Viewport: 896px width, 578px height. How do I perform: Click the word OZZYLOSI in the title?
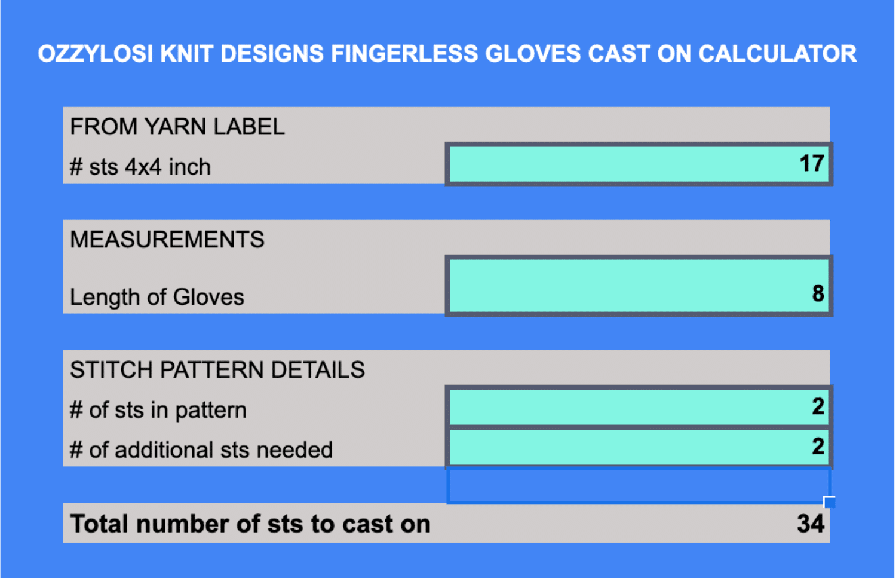tap(96, 54)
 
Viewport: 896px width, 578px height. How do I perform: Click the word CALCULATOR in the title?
tap(777, 54)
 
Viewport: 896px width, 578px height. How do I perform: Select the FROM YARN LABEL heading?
tap(177, 127)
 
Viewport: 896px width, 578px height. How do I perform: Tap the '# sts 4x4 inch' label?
tap(140, 167)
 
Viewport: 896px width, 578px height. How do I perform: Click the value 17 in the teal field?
tap(812, 163)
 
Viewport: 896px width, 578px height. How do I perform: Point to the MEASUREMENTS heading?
tap(167, 239)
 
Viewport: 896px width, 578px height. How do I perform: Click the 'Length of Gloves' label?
tap(157, 297)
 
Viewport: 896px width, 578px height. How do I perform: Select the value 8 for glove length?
tap(818, 293)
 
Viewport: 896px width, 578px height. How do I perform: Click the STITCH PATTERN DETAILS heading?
tap(217, 369)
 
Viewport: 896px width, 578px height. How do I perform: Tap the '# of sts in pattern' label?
tap(158, 410)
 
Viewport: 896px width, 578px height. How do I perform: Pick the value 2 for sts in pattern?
tap(818, 406)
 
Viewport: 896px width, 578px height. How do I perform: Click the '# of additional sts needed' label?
tap(201, 450)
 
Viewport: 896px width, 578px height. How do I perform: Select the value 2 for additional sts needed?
tap(818, 447)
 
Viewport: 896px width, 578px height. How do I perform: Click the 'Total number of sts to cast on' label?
tap(250, 524)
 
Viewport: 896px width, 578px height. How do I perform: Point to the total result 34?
tap(811, 523)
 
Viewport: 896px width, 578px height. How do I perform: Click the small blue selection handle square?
tap(829, 502)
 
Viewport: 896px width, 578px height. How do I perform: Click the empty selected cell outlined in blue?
tap(639, 485)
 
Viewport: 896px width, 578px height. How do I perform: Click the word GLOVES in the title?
tap(533, 54)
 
